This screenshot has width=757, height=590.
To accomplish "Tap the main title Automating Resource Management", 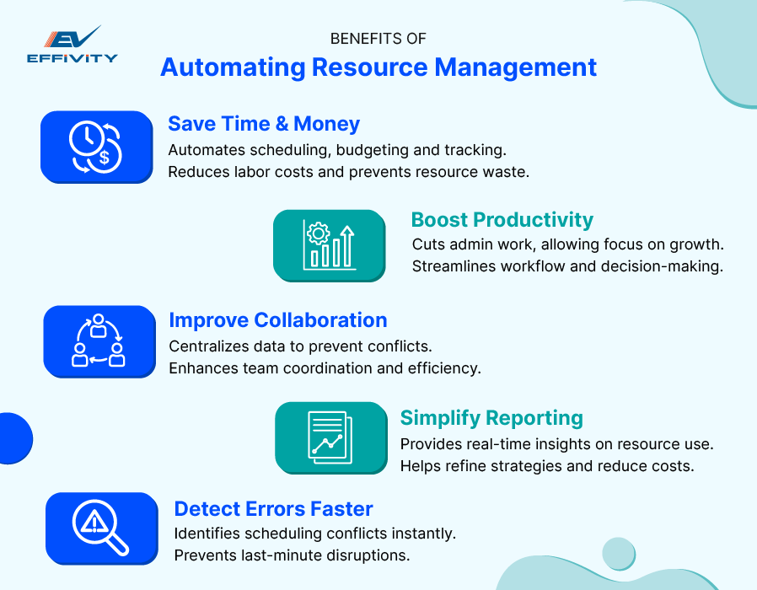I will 378,67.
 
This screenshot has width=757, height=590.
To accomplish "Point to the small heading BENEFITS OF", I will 378,39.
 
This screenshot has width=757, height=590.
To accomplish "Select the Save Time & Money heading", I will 264,124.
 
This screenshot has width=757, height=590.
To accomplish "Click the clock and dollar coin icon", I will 96,147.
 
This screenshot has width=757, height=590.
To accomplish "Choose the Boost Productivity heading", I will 502,220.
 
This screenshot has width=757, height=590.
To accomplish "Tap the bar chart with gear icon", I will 329,245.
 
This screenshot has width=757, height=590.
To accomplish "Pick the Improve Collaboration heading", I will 278,320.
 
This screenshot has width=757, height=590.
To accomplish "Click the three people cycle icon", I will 99,341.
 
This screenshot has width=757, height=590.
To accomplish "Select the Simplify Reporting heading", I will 491,418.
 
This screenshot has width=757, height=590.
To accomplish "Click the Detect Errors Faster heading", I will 273,509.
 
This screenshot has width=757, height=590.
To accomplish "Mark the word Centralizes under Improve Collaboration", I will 207,346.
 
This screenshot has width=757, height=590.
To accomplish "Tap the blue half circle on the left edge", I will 14,437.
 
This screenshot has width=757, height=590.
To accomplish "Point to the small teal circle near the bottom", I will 618,553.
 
